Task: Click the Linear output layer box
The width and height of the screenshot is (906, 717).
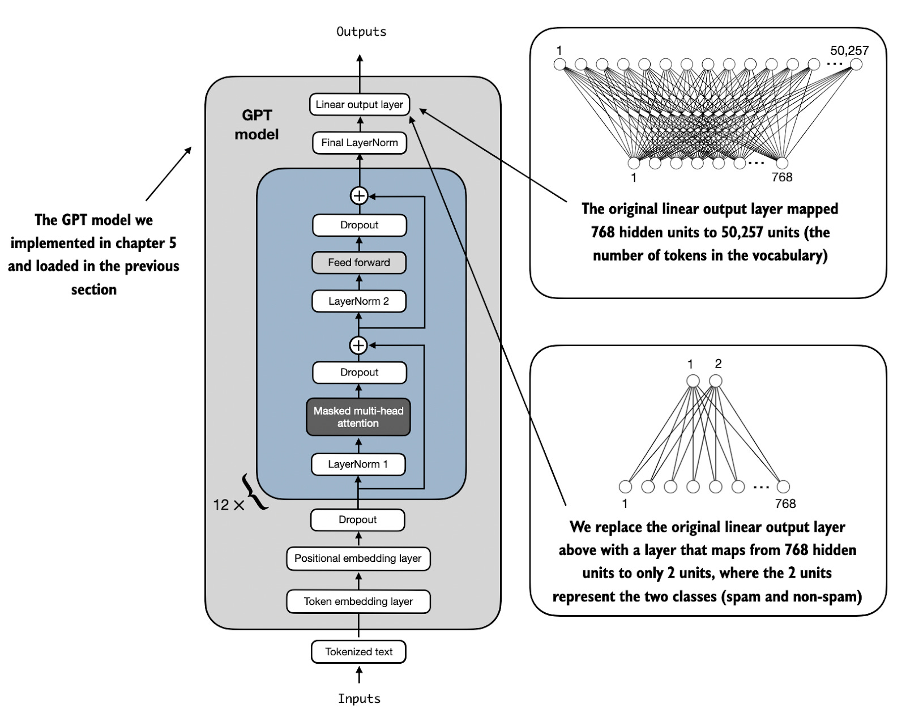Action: pyautogui.click(x=359, y=105)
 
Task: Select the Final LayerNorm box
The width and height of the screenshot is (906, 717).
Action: pyautogui.click(x=359, y=143)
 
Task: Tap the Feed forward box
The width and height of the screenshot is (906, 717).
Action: pyautogui.click(x=358, y=263)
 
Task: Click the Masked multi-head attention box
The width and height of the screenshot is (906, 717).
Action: pyautogui.click(x=358, y=417)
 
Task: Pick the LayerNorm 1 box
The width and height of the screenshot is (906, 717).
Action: pyautogui.click(x=358, y=464)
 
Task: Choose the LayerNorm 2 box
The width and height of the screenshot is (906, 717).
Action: pyautogui.click(x=358, y=301)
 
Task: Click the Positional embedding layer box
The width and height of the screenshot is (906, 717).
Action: pyautogui.click(x=358, y=558)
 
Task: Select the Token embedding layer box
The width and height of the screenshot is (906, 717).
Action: pyautogui.click(x=358, y=601)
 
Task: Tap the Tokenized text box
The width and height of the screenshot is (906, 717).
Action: pyautogui.click(x=358, y=652)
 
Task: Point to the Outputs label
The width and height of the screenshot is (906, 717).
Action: pyautogui.click(x=361, y=32)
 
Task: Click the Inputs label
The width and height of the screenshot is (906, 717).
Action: pyautogui.click(x=359, y=699)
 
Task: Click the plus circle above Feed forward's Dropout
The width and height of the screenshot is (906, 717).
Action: pyautogui.click(x=359, y=196)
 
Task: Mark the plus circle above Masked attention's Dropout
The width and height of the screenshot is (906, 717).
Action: pyautogui.click(x=358, y=345)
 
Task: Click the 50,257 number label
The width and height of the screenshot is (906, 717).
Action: pyautogui.click(x=849, y=50)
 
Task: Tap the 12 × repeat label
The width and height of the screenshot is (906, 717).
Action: pyautogui.click(x=228, y=505)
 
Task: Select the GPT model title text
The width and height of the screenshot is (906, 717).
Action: pyautogui.click(x=257, y=125)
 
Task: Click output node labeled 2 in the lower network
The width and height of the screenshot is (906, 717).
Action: pyautogui.click(x=716, y=381)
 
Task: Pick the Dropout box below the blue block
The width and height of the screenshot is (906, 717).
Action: pyautogui.click(x=357, y=520)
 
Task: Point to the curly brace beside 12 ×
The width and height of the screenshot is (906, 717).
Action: pyautogui.click(x=253, y=492)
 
